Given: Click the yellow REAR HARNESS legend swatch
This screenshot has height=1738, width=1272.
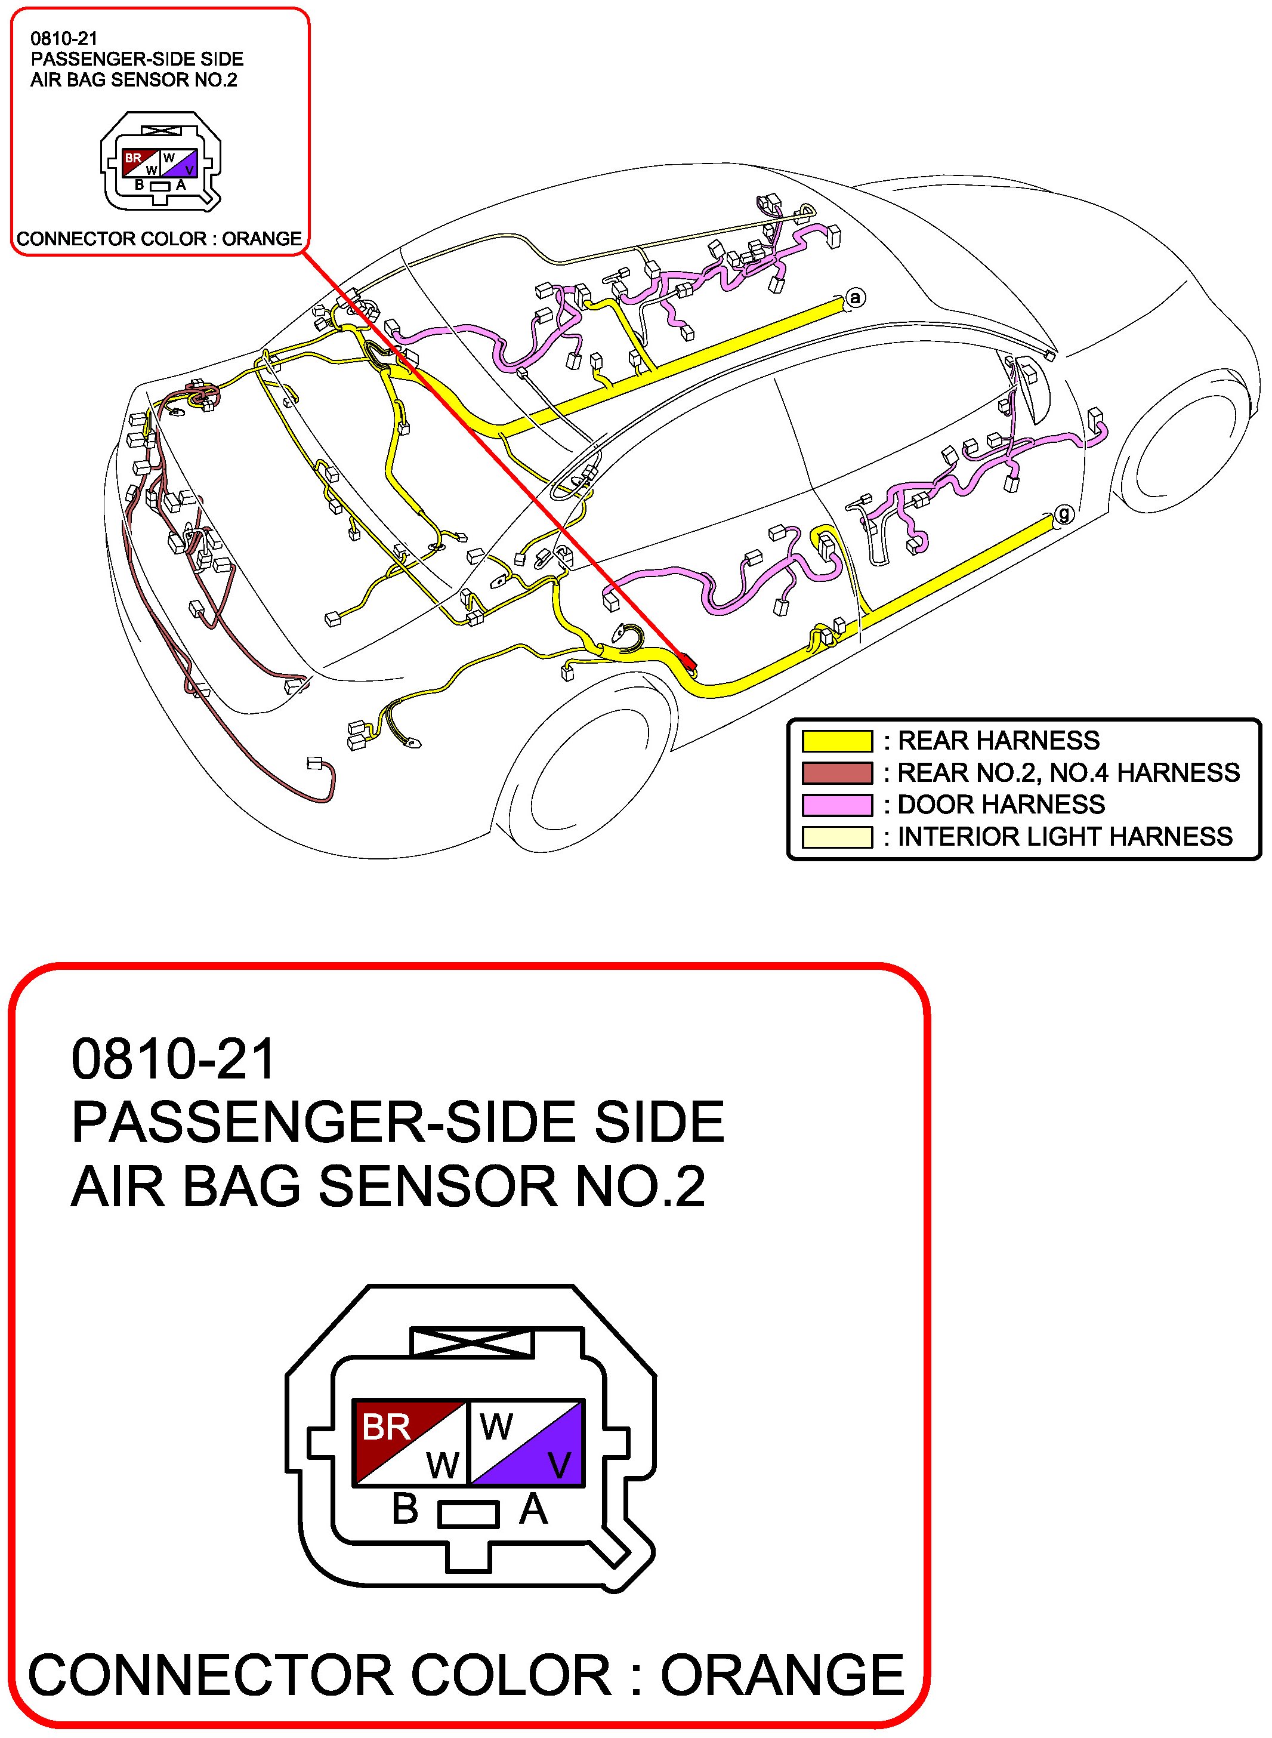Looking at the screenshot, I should pyautogui.click(x=837, y=741).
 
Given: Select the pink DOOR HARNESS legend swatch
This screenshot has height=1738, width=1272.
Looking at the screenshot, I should pyautogui.click(x=837, y=805).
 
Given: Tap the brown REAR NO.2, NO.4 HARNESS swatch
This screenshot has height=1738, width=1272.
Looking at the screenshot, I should pyautogui.click(x=837, y=772).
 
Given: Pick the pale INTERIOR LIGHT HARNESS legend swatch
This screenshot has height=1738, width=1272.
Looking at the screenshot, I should pyautogui.click(x=837, y=837).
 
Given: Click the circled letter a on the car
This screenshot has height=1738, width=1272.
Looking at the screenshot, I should pyautogui.click(x=855, y=297).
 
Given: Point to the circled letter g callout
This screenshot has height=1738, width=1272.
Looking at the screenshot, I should pyautogui.click(x=1063, y=514).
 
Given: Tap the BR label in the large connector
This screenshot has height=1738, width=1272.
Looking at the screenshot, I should pyautogui.click(x=386, y=1427).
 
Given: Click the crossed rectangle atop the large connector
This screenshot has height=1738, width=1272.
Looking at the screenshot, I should pyautogui.click(x=472, y=1342).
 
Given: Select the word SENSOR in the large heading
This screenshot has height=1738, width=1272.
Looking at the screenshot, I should pyautogui.click(x=437, y=1187).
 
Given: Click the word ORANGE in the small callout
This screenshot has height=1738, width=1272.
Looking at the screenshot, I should pyautogui.click(x=262, y=239).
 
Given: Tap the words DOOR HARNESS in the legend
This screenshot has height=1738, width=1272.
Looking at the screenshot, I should pyautogui.click(x=1001, y=805).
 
